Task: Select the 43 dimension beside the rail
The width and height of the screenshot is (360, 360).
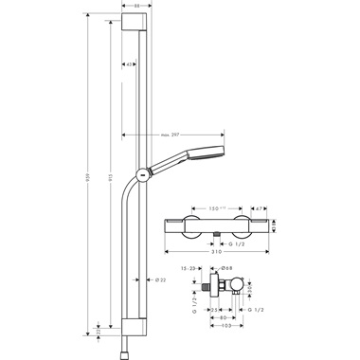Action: click(130, 64)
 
